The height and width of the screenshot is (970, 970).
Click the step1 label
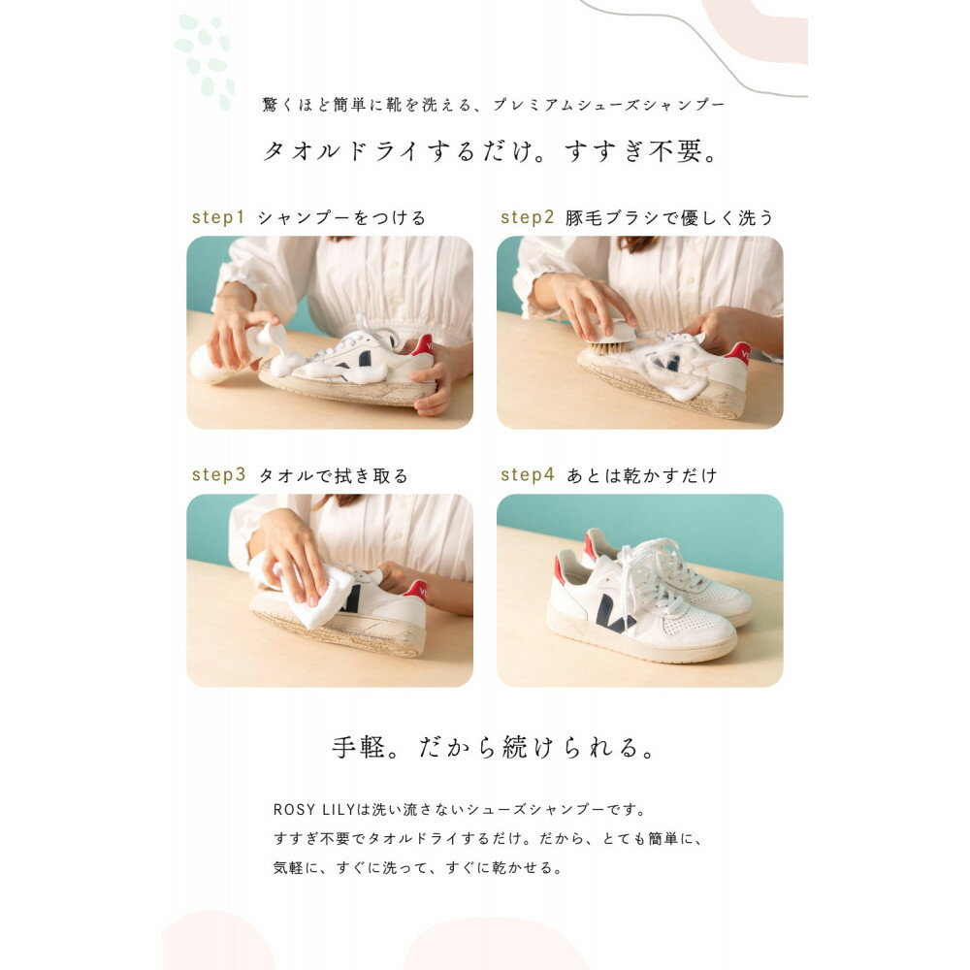218,217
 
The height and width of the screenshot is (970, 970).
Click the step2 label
528,217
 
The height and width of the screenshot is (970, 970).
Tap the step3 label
218,475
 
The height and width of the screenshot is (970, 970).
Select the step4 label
528,475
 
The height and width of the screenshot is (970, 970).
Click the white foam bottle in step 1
218,359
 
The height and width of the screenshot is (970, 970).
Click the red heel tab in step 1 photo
422,345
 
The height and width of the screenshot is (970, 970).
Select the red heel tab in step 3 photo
416,590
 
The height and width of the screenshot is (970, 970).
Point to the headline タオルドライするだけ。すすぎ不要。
492,152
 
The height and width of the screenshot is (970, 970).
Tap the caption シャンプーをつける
341,218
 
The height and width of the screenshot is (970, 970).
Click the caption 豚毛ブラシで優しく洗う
670,218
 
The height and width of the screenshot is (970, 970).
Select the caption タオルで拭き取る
333,476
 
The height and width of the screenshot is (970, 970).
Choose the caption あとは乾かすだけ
642,476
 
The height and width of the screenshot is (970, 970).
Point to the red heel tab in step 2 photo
738,352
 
